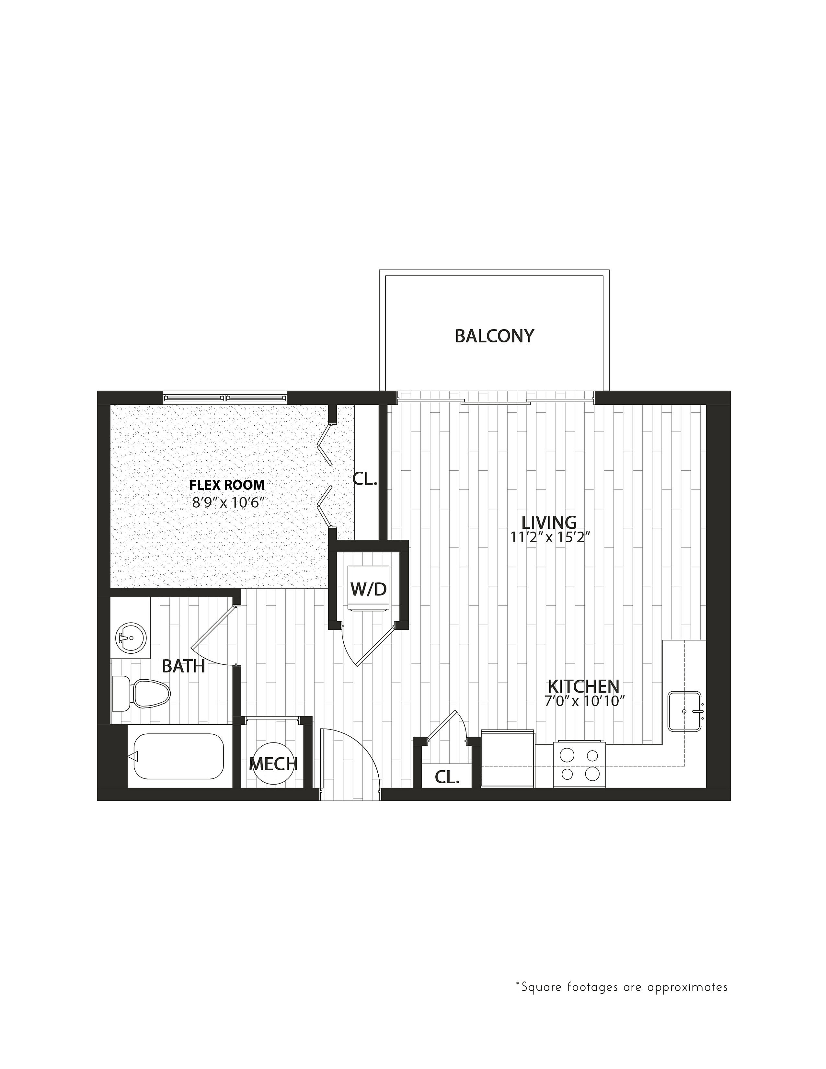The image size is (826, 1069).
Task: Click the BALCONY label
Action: (x=494, y=336)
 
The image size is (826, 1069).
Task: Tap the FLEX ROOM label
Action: (x=227, y=485)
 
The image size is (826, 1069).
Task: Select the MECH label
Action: (x=273, y=764)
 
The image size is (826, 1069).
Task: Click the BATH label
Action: (x=183, y=666)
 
